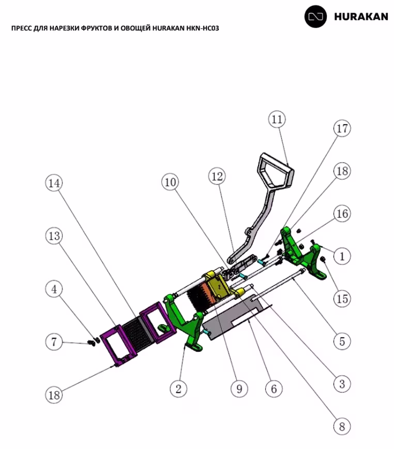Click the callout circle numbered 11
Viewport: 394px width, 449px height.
click(x=277, y=119)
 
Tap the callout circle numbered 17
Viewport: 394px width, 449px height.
click(x=341, y=128)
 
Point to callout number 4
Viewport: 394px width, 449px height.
click(x=53, y=289)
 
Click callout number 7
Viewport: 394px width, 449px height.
click(x=53, y=342)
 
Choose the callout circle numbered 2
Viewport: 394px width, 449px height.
click(x=178, y=389)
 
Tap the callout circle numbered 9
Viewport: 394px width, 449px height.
click(x=238, y=389)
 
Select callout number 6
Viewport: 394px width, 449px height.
click(x=274, y=389)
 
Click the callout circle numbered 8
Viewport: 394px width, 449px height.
click(x=341, y=426)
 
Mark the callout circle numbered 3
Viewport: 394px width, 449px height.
click(x=341, y=384)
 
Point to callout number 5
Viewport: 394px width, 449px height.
click(x=341, y=341)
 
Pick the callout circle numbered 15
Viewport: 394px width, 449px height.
click(x=341, y=298)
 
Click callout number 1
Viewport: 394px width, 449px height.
click(x=341, y=256)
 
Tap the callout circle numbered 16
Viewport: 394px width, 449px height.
click(x=341, y=213)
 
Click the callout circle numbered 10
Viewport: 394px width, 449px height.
click(x=170, y=182)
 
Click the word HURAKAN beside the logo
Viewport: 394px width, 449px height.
click(x=361, y=17)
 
